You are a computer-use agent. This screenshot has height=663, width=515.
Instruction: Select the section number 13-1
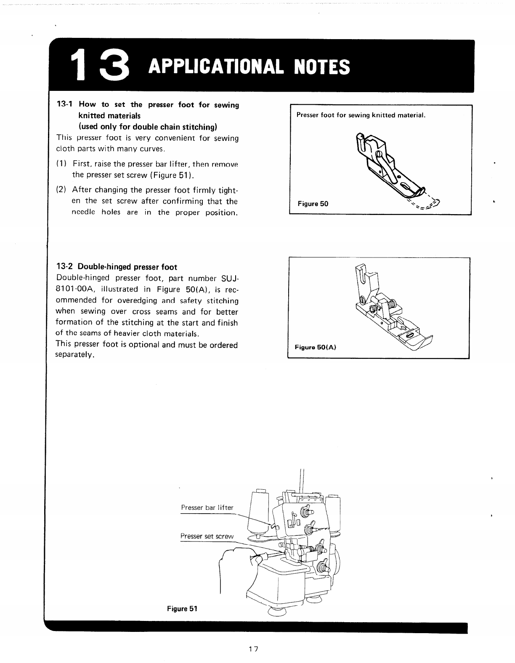(x=66, y=104)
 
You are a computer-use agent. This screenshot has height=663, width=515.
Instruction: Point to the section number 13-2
(x=66, y=267)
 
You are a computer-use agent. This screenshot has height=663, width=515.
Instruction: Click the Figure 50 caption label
(x=313, y=204)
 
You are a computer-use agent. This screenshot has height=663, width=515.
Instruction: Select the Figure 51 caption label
(x=182, y=608)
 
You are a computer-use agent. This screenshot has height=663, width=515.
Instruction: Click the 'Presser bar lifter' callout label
(x=207, y=507)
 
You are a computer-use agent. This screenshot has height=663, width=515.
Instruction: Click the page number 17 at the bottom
(x=253, y=648)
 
